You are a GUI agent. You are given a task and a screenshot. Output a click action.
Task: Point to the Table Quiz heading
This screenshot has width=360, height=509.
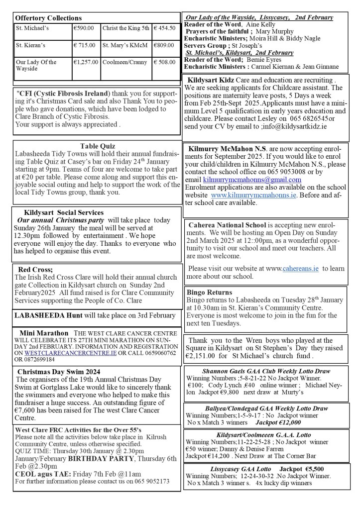click(98, 146)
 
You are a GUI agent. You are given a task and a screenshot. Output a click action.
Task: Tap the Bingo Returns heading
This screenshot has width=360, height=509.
click(209, 292)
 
